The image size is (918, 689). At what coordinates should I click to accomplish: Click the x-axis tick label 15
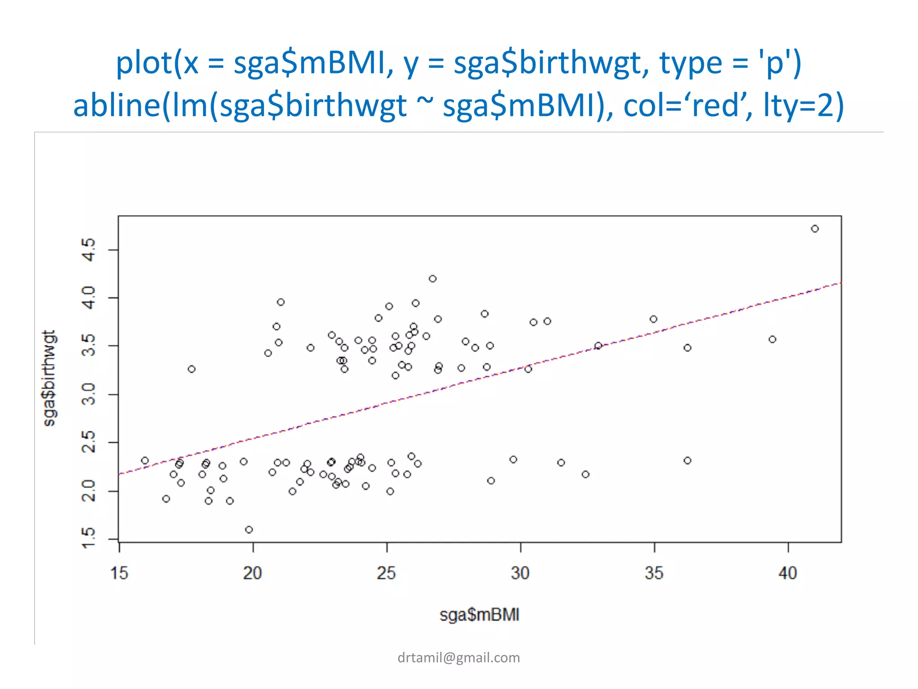coord(119,573)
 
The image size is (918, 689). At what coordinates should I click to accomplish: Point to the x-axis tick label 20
coord(253,573)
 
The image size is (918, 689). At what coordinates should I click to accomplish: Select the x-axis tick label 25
coord(386,573)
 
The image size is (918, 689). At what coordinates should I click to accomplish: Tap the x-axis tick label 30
coord(520,573)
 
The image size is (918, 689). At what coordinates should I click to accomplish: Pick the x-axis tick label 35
coord(654,573)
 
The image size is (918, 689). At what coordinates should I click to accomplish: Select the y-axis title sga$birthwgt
coord(49,378)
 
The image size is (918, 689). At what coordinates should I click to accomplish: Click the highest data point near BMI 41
coord(815,229)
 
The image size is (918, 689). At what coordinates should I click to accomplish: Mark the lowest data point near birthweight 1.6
coord(249,530)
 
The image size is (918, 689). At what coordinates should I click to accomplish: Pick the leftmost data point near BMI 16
coord(145,461)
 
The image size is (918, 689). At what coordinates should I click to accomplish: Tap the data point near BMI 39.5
coord(772,340)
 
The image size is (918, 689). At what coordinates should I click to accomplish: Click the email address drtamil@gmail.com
coord(459,658)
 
